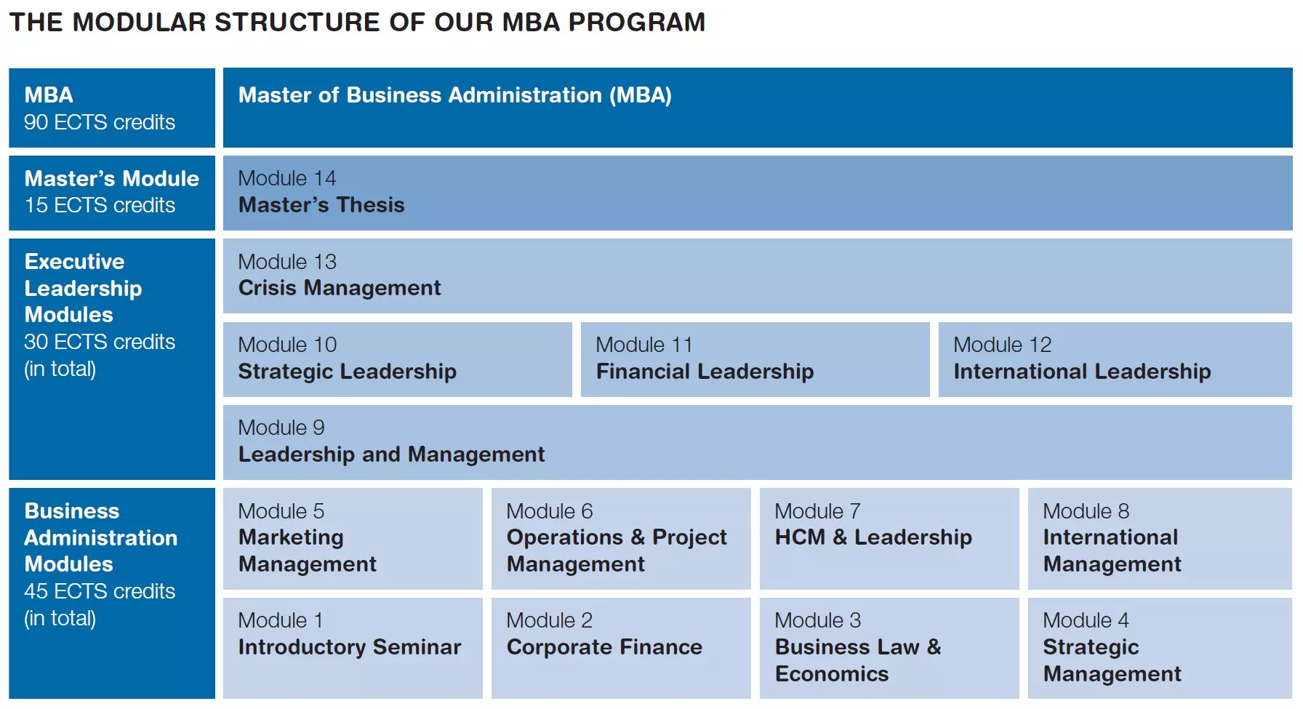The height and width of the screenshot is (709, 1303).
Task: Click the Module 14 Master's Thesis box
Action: (757, 193)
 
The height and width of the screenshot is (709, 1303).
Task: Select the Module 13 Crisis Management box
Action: (757, 276)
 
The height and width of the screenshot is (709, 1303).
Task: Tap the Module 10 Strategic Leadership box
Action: (397, 359)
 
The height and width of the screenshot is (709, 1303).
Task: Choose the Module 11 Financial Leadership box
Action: (755, 359)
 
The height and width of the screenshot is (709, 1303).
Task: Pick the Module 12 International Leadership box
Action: (1115, 359)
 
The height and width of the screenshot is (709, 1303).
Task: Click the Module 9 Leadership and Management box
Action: (757, 442)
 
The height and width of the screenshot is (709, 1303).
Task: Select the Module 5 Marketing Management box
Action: (353, 538)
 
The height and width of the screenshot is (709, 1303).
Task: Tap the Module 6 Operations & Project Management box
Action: (621, 538)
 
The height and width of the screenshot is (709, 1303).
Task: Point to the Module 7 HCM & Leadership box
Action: (889, 538)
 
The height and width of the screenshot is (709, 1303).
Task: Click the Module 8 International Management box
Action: (1159, 538)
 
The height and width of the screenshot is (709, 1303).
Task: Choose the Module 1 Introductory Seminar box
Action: (353, 648)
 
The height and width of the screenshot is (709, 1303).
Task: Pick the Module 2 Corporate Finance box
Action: (621, 648)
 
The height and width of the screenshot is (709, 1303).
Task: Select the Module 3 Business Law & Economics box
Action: (889, 648)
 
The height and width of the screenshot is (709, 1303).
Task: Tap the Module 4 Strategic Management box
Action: (1159, 648)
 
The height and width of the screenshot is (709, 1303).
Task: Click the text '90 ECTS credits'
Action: (100, 122)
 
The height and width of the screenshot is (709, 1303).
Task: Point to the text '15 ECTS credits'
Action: (100, 206)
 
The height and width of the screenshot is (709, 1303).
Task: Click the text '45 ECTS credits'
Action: (100, 591)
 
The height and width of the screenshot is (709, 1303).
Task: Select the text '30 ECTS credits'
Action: (100, 342)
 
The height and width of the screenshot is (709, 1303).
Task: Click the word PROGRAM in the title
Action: (636, 23)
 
